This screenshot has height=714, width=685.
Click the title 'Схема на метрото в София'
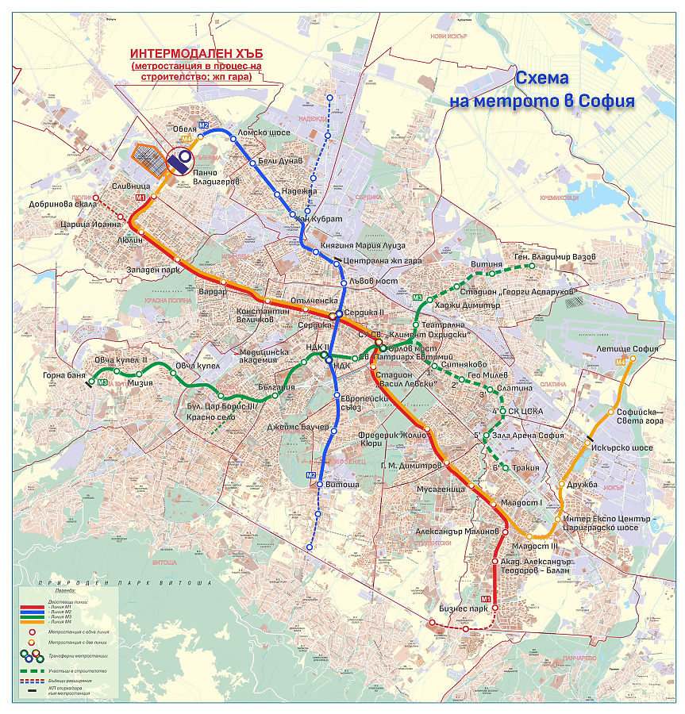(x=542, y=90)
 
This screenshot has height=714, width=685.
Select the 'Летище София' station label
(x=628, y=349)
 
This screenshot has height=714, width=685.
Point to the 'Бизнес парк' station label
(x=462, y=608)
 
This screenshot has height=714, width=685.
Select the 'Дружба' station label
(x=588, y=484)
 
